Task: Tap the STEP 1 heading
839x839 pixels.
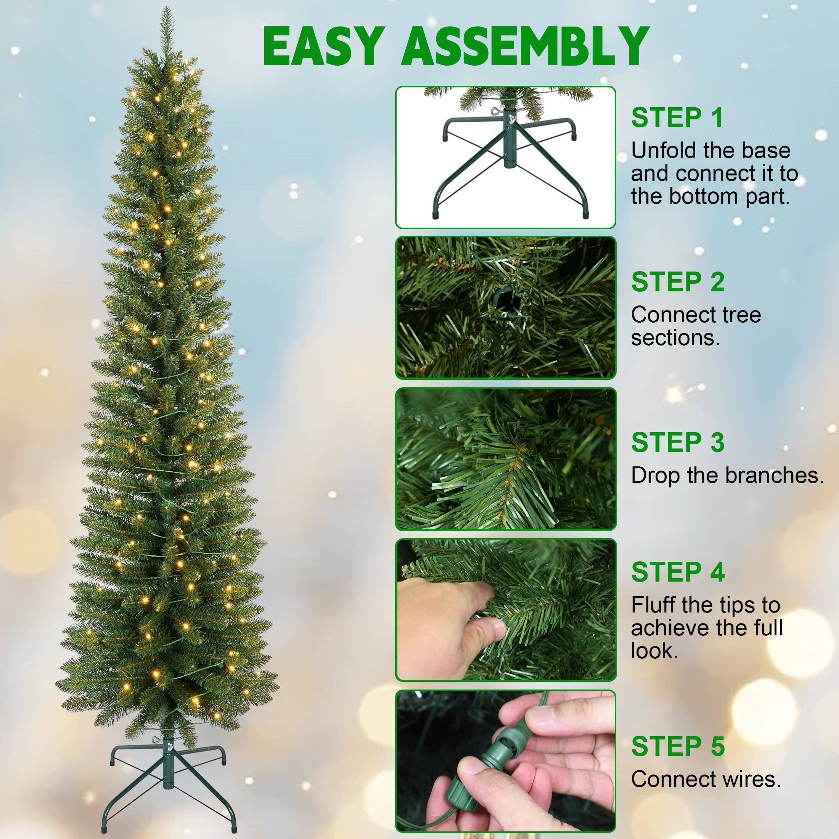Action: [677, 118]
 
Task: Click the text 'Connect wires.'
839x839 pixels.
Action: [706, 779]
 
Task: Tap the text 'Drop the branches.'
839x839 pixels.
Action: [727, 476]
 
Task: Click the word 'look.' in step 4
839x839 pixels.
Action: [654, 651]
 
